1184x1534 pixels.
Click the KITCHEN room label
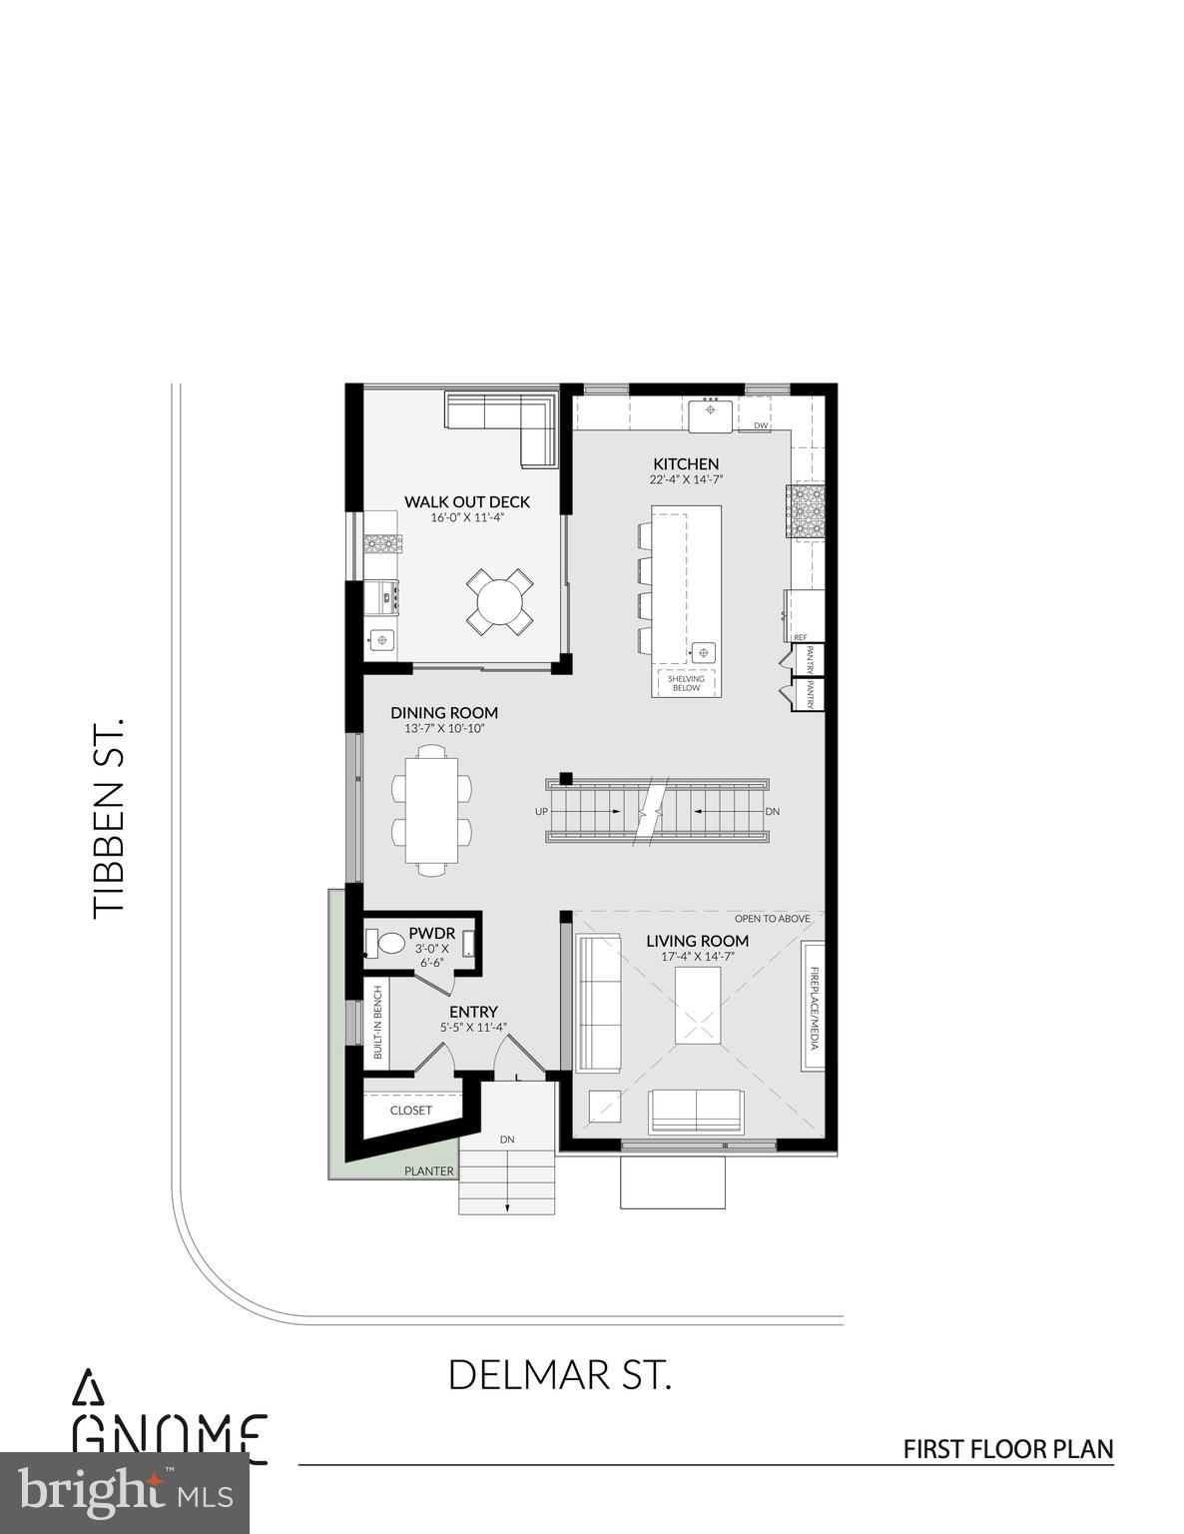point(686,464)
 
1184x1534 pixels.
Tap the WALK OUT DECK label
point(466,502)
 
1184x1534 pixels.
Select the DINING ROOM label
point(444,713)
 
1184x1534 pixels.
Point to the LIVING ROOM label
point(697,941)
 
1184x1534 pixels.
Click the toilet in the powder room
point(387,943)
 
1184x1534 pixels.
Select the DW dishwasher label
point(761,426)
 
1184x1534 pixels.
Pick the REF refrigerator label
point(800,637)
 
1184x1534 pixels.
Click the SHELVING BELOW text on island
point(686,683)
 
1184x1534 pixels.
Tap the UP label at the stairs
point(541,812)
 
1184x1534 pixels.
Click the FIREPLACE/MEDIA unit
point(814,1007)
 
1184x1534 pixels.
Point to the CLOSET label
point(411,1111)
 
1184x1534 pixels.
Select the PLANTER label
point(429,1171)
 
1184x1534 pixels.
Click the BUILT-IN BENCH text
point(377,1023)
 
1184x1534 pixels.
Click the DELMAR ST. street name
point(559,1375)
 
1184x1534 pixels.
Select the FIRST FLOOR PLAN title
point(1007,1449)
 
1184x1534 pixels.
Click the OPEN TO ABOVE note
point(772,919)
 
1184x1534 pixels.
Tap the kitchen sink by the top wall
point(711,411)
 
